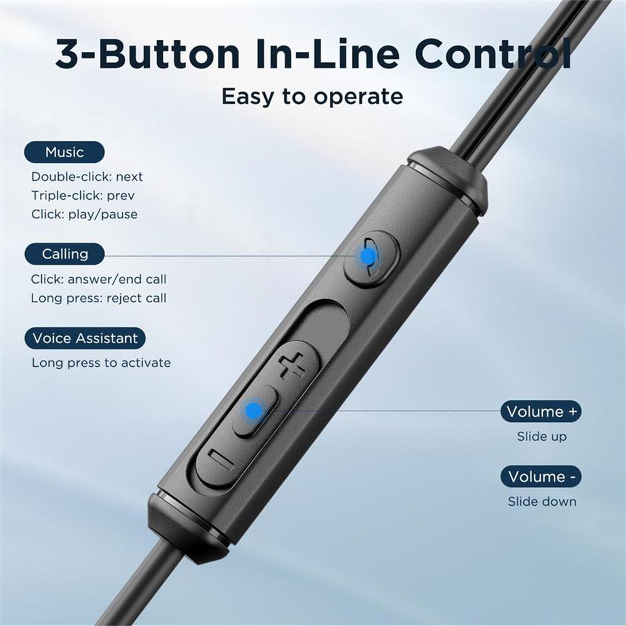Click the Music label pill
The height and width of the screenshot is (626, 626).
pyautogui.click(x=64, y=152)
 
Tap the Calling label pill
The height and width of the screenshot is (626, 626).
pyautogui.click(x=64, y=254)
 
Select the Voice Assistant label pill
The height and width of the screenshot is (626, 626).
pyautogui.click(x=85, y=338)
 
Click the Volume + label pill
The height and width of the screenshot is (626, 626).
pyautogui.click(x=541, y=412)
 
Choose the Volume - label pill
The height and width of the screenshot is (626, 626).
pyautogui.click(x=541, y=476)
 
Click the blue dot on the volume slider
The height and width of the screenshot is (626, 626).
pyautogui.click(x=254, y=410)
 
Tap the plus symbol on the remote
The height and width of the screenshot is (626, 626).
pyautogui.click(x=292, y=366)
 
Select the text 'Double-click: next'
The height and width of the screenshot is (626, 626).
pyautogui.click(x=87, y=177)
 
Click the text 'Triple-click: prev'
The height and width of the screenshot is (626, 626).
pyautogui.click(x=83, y=195)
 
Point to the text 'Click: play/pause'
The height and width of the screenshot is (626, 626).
pyautogui.click(x=85, y=214)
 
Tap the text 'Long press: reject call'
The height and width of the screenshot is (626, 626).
pyautogui.click(x=99, y=298)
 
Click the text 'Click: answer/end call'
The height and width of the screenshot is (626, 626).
pyautogui.click(x=99, y=279)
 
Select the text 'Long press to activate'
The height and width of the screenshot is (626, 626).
pyautogui.click(x=101, y=362)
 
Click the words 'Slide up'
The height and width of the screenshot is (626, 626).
pyautogui.click(x=541, y=436)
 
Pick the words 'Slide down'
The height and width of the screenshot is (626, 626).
pyautogui.click(x=541, y=501)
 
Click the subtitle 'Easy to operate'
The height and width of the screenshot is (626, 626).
pyautogui.click(x=312, y=96)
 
